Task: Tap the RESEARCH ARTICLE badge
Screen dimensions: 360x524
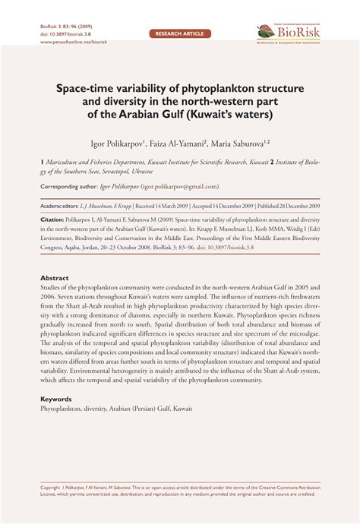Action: click(x=179, y=34)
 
